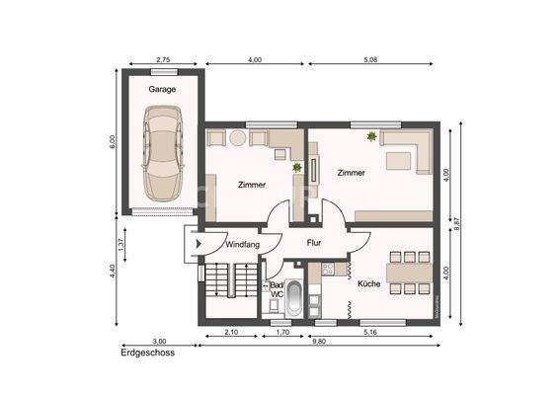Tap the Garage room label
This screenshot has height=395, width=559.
(x=163, y=89)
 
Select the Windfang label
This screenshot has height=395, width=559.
(x=242, y=243)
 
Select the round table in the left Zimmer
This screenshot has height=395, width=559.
(x=237, y=138)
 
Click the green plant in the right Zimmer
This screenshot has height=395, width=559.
(x=372, y=137)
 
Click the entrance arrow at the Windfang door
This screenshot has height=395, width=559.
(x=199, y=242)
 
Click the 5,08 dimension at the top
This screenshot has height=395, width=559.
(x=370, y=60)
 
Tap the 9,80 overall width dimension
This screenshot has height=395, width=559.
(x=320, y=342)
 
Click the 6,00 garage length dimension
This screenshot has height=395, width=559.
(x=112, y=140)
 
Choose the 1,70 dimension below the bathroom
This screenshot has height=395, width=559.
(x=280, y=332)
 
